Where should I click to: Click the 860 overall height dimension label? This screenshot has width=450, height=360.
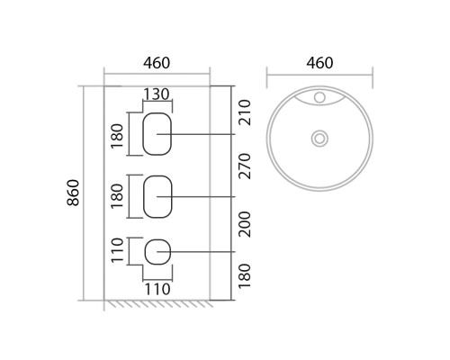pos(73,193)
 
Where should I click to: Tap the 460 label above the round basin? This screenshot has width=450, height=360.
pos(319,63)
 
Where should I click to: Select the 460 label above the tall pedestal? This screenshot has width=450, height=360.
pos(157,63)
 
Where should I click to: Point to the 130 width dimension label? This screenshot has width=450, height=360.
pos(157,94)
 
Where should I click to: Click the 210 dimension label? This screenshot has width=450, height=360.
pos(244,112)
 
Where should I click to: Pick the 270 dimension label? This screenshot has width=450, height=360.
pos(244,166)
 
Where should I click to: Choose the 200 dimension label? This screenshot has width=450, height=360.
pos(244,224)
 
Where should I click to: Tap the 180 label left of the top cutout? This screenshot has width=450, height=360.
pos(117,136)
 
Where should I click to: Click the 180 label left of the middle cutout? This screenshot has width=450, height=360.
pos(117,196)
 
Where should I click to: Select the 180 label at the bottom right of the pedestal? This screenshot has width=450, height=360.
pos(244,276)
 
